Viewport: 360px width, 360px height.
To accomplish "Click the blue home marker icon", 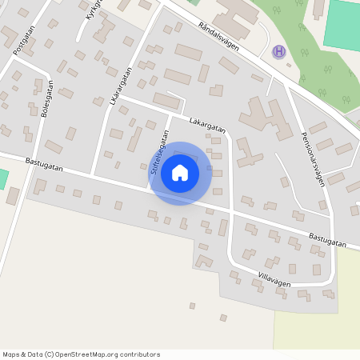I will click(180, 173).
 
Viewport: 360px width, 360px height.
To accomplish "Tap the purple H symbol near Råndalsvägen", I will click(278, 51).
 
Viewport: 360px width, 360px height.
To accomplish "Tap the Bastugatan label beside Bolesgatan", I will click(43, 162).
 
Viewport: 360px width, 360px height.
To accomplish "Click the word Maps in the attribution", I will click(12, 354).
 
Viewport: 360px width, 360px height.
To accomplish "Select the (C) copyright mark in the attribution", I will click(50, 354).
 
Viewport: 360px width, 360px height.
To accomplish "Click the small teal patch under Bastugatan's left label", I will click(2, 178).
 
